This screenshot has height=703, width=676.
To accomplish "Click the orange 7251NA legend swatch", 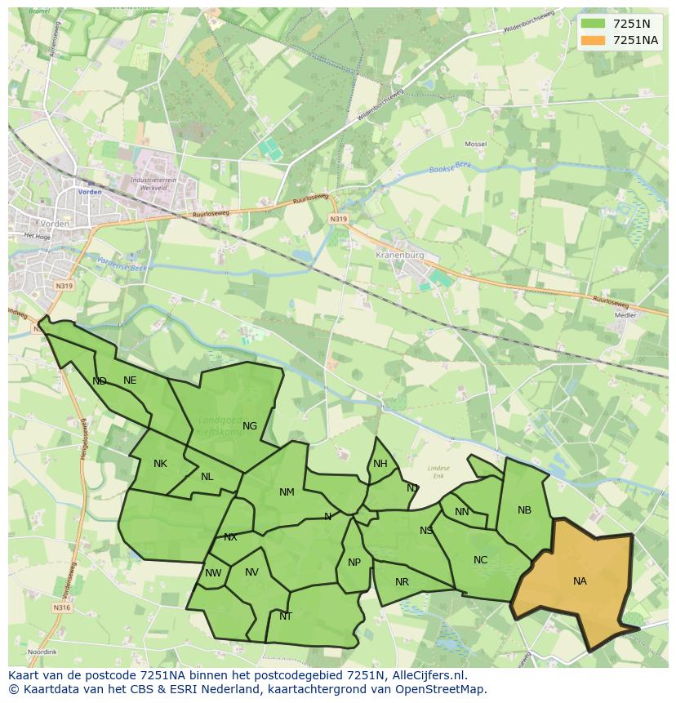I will pos(594,40).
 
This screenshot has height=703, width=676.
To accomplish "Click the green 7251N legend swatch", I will pos(594,24).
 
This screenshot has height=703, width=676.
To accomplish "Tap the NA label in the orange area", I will pos(580,581).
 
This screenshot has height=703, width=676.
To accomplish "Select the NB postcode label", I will pos(524,510).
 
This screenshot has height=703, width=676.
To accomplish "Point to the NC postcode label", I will pos(480,560).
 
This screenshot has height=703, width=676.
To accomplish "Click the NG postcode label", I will pos(250,425).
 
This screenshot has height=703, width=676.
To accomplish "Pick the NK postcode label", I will pos(160,464).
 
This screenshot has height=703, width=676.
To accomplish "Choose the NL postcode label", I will pos(207,477).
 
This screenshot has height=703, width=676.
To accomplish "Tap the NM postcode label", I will pos(287,492).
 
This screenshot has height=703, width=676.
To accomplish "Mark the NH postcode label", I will pos(380,464).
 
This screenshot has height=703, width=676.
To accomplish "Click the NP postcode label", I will pos(354,563).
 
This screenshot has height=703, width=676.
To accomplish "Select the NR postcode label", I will pos(402,582).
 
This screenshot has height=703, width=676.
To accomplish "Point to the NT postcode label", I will pos(286,616).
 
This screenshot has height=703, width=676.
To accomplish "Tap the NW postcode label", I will pos(213,573).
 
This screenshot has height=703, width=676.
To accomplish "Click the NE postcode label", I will pos(130,380).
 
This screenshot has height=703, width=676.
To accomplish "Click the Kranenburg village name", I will pos(400,255).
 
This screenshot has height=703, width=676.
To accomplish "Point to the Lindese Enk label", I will pos(438,471).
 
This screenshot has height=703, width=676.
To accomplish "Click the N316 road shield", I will pos(62,607).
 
